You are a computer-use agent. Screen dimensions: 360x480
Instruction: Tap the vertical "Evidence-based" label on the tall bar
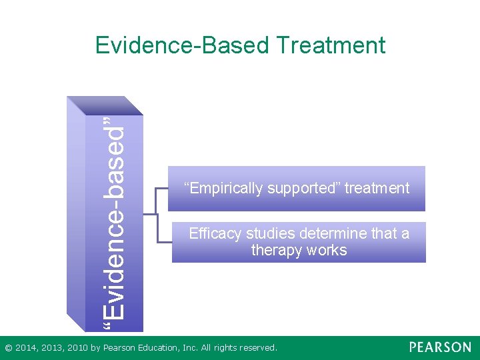(115, 216)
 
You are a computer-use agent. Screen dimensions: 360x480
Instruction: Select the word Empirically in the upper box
(225, 189)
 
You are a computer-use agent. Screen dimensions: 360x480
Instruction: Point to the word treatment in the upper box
(377, 189)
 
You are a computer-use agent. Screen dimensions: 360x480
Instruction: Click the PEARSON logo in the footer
(439, 347)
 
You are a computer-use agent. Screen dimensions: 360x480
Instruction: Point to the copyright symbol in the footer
(8, 348)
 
